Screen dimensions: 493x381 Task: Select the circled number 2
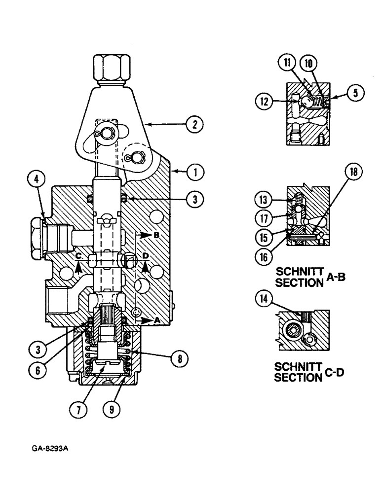coord(193,125)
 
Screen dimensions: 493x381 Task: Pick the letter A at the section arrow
coord(157,320)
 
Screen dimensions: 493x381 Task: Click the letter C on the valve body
coord(78,255)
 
